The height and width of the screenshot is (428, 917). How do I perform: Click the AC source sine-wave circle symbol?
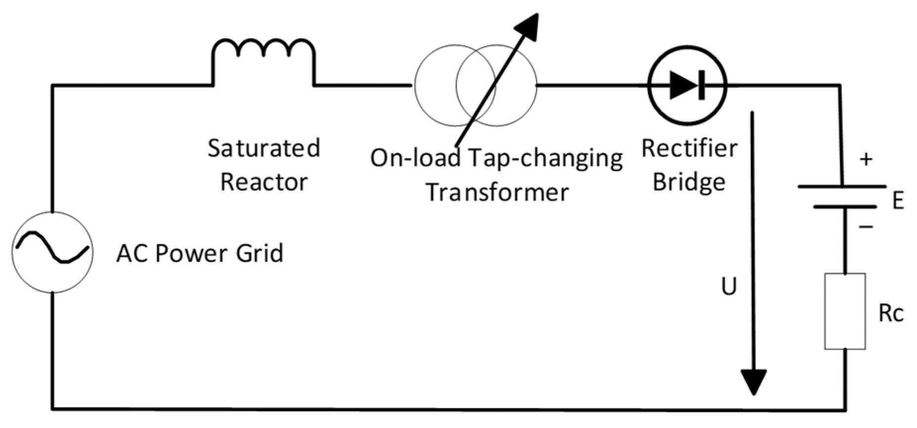pos(52,252)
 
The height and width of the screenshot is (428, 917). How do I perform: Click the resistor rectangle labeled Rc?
pos(845,311)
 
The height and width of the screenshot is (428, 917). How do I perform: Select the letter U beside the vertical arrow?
pos(729,286)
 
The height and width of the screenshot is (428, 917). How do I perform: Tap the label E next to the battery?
pos(898,201)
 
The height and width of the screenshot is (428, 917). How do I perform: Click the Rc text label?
pos(890,313)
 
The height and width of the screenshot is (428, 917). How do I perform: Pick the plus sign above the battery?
pos(866,160)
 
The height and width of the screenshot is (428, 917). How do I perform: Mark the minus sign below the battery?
pos(866,227)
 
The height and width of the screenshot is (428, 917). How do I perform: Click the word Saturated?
pos(264,148)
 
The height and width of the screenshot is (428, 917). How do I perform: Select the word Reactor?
pos(264,182)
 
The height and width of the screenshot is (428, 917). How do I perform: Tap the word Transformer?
pos(498,192)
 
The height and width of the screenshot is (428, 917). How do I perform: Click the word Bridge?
pos(689,182)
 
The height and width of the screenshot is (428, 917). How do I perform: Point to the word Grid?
pos(260,253)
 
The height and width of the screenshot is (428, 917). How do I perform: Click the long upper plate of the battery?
pos(842,187)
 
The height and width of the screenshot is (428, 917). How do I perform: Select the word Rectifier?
pos(689,148)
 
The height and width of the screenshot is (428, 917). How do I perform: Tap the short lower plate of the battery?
pos(845,207)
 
